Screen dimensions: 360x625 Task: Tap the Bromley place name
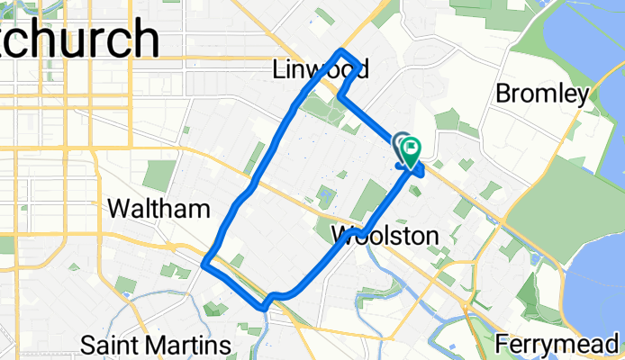(542, 93)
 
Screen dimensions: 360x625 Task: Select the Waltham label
(159, 209)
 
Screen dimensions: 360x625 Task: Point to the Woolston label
(385, 236)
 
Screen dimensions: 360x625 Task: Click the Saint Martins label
(156, 345)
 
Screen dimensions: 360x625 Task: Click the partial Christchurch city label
(81, 40)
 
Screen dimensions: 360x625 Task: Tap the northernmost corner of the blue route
(340, 50)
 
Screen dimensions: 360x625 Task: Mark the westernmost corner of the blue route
(205, 265)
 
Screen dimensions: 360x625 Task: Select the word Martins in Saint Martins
(189, 345)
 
